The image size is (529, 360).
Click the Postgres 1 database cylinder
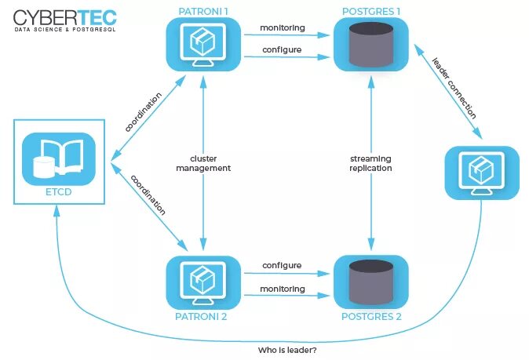coord(370,44)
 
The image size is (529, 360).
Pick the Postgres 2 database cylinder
coord(370,281)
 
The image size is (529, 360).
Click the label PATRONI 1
coord(202,10)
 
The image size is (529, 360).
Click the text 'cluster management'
coord(203,162)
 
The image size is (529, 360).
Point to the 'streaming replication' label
coord(370,162)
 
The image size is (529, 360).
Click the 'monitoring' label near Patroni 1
coord(282,27)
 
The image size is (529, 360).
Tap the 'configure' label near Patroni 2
coord(282,266)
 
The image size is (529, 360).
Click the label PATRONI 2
coord(202,317)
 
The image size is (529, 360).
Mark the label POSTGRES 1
coord(370,10)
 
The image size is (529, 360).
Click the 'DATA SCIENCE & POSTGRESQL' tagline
coord(65,30)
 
